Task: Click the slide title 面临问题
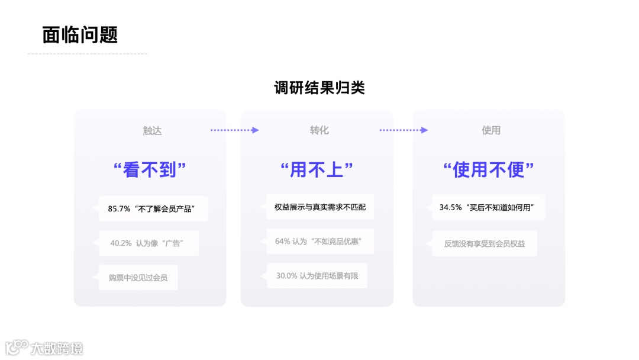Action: click(x=80, y=34)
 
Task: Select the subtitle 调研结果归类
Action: click(x=319, y=88)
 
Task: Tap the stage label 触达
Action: click(x=152, y=130)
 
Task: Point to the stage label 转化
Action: click(x=319, y=130)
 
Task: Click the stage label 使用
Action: click(x=491, y=130)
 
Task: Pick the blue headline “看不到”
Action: click(x=150, y=171)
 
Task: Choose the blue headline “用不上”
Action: click(x=317, y=171)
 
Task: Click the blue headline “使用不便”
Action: click(x=489, y=171)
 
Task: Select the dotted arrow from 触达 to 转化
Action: click(x=235, y=130)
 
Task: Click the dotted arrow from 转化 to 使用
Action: click(x=404, y=130)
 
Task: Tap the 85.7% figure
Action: click(x=119, y=208)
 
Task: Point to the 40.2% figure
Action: click(x=121, y=243)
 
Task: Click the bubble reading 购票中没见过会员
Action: click(x=138, y=277)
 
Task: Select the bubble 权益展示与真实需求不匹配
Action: click(x=320, y=207)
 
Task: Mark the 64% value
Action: click(x=282, y=242)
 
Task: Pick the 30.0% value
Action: click(x=286, y=276)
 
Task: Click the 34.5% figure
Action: click(x=450, y=208)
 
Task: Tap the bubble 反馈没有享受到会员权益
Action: click(x=485, y=243)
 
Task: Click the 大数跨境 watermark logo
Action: click(x=44, y=348)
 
